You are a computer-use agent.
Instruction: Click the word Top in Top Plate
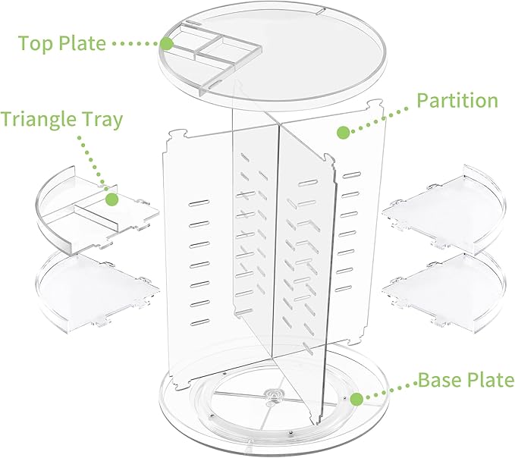point(36,42)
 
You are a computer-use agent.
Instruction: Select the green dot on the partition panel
point(343,132)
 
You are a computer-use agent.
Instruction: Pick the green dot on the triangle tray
point(112,199)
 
